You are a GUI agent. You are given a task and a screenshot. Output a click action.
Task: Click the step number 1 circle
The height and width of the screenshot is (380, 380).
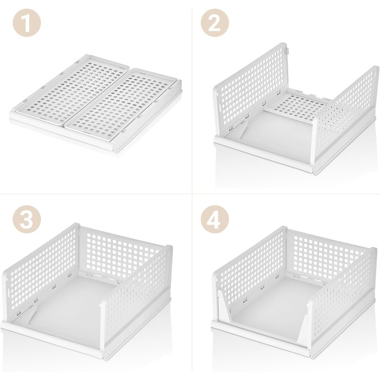[x=27, y=23]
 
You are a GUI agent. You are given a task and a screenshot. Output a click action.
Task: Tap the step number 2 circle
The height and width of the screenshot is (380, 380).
[x=215, y=23]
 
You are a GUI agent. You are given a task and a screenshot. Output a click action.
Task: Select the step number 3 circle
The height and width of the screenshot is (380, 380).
[x=27, y=219]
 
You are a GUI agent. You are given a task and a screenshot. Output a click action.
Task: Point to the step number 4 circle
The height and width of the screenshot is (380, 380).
[x=215, y=219]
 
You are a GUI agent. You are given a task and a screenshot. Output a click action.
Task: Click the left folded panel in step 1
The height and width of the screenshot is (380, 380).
[x=73, y=88]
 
